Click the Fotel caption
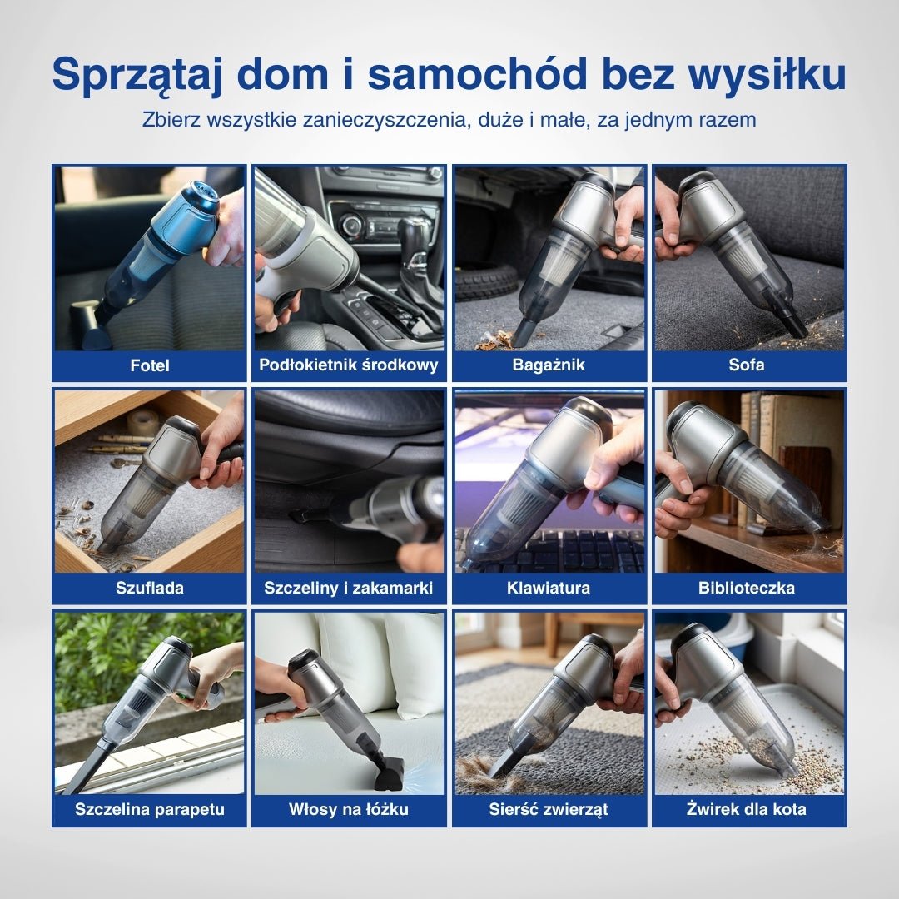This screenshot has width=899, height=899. click(x=150, y=365)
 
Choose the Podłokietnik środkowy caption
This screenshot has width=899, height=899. click(x=349, y=365)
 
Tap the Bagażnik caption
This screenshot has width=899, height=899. click(x=549, y=365)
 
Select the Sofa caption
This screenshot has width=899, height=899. click(x=748, y=365)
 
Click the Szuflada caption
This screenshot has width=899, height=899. click(x=150, y=588)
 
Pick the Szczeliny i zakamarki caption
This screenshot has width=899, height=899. click(x=349, y=588)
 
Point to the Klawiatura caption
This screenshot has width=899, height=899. click(x=549, y=588)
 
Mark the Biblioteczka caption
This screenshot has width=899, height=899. click(x=748, y=588)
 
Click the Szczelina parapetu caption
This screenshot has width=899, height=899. click(x=150, y=809)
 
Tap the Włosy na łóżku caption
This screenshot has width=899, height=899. click(x=349, y=809)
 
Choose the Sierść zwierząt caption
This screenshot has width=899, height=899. click(x=549, y=809)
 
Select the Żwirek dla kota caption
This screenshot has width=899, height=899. click(x=748, y=809)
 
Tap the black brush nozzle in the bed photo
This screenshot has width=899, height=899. click(x=390, y=771)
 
